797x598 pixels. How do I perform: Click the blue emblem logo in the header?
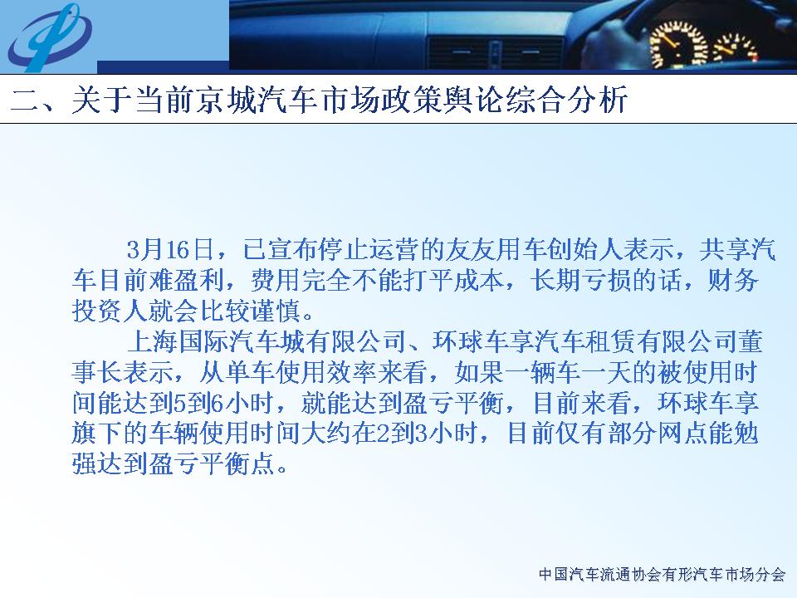pyautogui.click(x=49, y=37)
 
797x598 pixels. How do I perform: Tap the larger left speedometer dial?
pyautogui.click(x=679, y=45)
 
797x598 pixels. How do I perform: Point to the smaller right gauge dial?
pyautogui.click(x=736, y=48)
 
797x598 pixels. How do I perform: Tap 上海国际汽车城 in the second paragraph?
pyautogui.click(x=216, y=341)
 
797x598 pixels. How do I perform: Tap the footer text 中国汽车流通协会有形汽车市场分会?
pyautogui.click(x=662, y=575)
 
